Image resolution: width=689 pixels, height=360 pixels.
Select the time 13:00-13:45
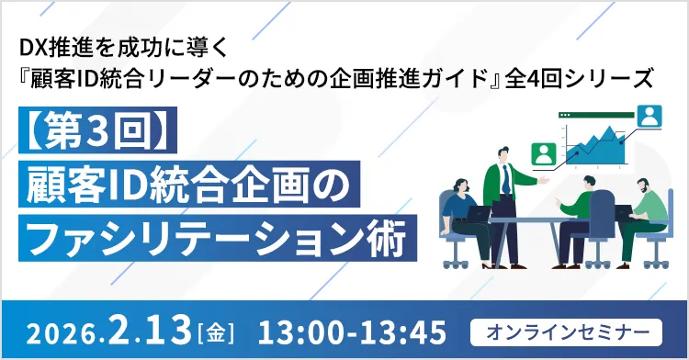[354, 328]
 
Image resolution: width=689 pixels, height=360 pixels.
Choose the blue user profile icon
[649, 116]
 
